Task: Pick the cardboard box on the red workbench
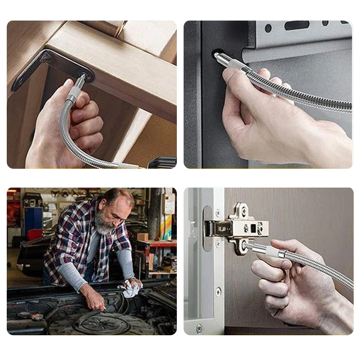[x=143, y=237]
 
